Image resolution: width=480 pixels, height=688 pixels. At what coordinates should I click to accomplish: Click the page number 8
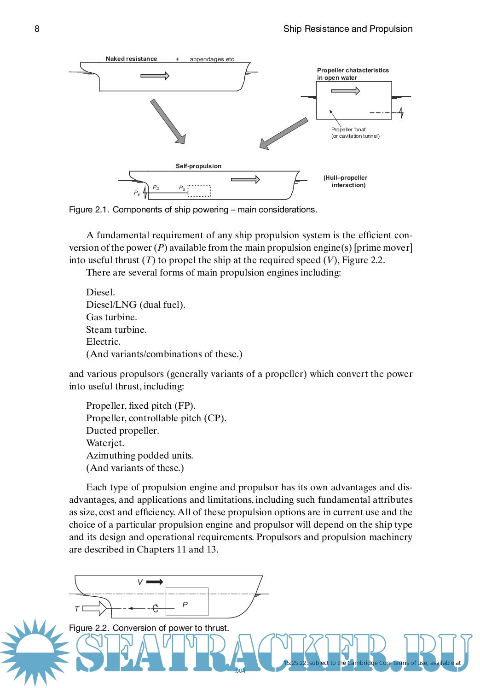tap(37, 29)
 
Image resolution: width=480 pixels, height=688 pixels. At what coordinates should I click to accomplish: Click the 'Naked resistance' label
tap(131, 59)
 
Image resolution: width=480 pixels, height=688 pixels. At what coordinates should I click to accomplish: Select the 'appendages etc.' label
tap(213, 59)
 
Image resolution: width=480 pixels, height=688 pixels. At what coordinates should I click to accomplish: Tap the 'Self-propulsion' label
tap(198, 166)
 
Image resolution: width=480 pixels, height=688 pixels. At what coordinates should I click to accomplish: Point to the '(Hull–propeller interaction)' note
tap(346, 182)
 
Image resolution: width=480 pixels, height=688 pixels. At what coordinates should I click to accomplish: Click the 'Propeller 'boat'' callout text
tap(349, 129)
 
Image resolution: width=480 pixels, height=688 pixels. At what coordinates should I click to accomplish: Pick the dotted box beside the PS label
tap(199, 191)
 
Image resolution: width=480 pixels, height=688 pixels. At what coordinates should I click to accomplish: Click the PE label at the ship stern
tap(137, 193)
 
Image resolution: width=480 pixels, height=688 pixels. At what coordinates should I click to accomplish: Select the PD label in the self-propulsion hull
tap(156, 188)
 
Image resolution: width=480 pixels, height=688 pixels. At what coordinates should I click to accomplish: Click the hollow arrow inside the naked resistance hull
tap(155, 76)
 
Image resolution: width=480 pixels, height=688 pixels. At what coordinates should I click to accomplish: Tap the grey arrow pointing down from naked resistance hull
tap(168, 121)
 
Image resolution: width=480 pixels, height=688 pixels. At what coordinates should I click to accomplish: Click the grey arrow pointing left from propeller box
tap(283, 133)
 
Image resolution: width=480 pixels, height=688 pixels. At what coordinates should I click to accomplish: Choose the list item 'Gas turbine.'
tap(111, 317)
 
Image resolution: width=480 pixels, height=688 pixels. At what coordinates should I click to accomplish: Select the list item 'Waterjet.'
tap(105, 443)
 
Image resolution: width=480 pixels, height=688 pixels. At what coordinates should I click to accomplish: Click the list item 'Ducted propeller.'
tap(122, 430)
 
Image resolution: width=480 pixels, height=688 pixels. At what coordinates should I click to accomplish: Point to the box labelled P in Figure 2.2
tap(187, 601)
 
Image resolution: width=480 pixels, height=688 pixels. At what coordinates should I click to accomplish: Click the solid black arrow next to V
tap(155, 582)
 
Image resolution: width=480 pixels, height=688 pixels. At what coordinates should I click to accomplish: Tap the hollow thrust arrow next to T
tap(94, 608)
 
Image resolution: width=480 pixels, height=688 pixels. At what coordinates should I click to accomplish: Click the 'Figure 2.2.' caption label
tap(89, 628)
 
